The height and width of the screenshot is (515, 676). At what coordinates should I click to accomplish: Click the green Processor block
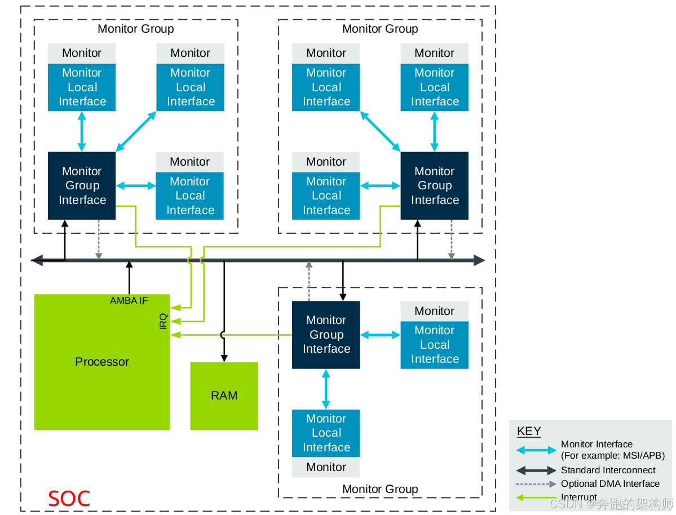(101, 362)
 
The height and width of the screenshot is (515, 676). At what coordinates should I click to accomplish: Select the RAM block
(224, 396)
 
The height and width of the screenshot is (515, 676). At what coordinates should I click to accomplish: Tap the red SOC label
(69, 499)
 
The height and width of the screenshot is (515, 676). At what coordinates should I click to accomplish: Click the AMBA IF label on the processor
(129, 300)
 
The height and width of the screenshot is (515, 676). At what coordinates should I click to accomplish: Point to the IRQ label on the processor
(163, 321)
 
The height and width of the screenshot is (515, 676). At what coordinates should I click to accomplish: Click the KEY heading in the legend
(528, 431)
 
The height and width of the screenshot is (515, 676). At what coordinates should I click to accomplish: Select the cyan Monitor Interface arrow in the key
(536, 450)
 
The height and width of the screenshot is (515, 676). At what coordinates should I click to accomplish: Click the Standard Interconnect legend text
(608, 470)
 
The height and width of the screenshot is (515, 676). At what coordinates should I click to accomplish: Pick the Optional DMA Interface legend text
(610, 483)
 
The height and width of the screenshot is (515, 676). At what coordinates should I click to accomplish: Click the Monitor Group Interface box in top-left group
(82, 186)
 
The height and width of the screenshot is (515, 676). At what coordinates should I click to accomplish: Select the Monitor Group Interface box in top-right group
(435, 186)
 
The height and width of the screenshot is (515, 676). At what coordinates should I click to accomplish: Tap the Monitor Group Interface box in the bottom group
(326, 335)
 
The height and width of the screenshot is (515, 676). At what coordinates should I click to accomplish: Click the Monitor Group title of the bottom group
(380, 489)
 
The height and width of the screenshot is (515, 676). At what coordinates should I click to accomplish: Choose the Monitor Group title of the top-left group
(136, 29)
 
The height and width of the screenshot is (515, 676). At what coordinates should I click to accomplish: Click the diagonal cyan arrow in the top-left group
(136, 131)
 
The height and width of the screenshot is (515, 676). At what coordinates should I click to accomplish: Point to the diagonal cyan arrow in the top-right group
(380, 131)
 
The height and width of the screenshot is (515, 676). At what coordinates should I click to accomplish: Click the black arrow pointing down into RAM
(224, 311)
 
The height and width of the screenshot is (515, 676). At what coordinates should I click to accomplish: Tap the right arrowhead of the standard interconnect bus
(479, 260)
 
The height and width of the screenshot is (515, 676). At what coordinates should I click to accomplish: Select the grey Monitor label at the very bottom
(326, 467)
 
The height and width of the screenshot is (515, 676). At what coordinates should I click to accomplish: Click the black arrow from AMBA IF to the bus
(129, 278)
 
